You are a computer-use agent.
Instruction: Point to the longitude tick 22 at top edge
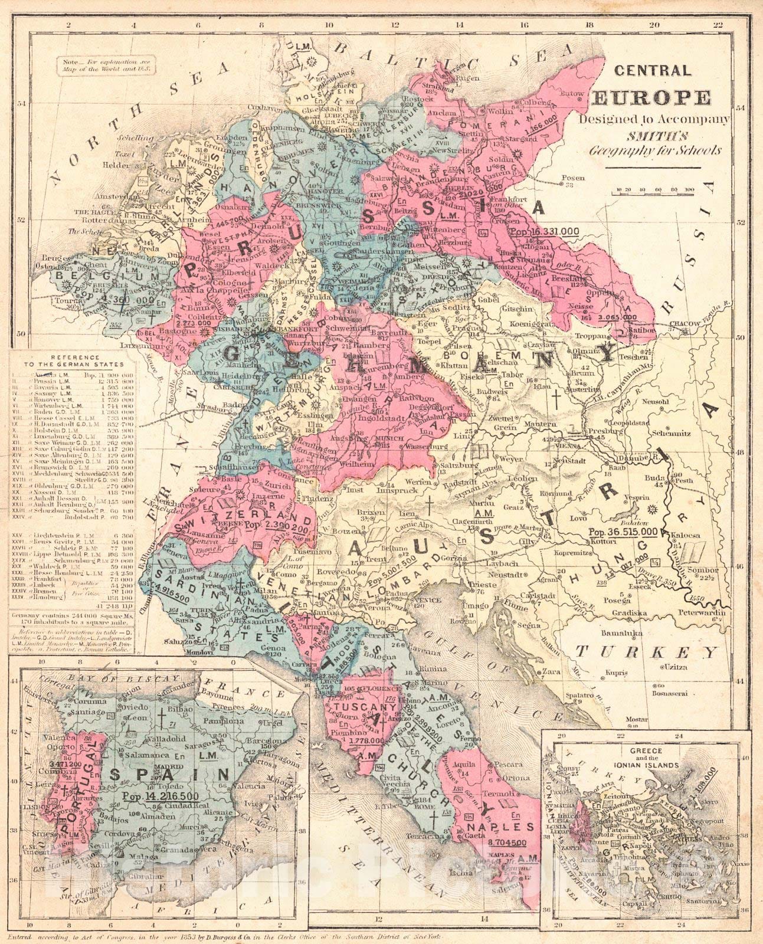tap(717, 25)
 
